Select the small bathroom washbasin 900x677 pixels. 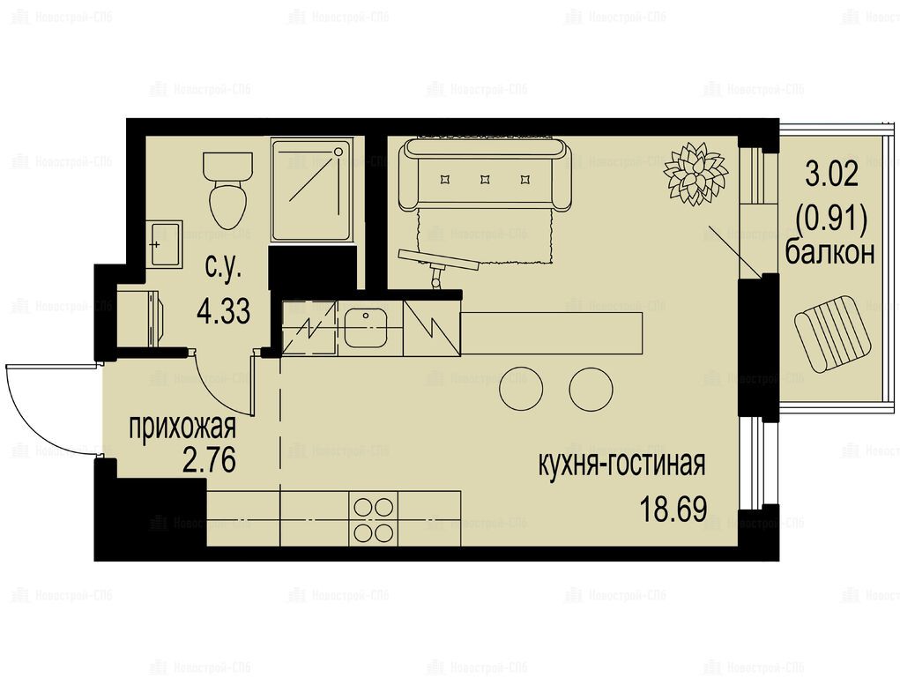(164, 244)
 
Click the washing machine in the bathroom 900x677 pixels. (140, 317)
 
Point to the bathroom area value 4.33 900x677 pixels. (223, 312)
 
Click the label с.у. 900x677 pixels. (223, 268)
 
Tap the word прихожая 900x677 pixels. (182, 428)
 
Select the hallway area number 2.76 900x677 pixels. (209, 460)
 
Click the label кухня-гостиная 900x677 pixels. (621, 465)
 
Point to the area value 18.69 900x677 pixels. (673, 509)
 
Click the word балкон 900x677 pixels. (829, 252)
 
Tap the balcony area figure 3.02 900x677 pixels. (832, 174)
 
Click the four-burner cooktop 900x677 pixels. (374, 520)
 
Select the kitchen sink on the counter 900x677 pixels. (366, 328)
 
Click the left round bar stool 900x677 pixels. (521, 389)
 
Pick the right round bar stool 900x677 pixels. (591, 389)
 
